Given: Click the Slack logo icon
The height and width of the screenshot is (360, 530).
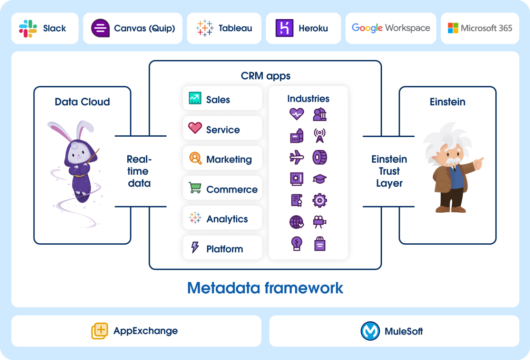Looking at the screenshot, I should point(28,28).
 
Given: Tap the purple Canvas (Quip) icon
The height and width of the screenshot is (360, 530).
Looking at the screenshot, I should point(100,28).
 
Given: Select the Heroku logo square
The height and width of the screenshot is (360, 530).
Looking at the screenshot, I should point(284,28).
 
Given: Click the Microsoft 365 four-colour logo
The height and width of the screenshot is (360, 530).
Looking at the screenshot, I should point(453,28).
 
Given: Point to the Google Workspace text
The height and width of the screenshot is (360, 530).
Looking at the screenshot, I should point(391,28).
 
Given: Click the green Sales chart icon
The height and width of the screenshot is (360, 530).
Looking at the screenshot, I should point(195,98).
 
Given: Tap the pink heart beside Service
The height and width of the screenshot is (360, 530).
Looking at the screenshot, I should point(195,128).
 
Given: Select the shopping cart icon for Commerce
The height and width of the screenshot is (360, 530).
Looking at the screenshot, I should point(195,188).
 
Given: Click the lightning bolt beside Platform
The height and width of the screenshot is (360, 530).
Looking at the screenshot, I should point(195,247).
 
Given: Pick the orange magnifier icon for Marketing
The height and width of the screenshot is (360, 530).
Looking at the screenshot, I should point(195,158).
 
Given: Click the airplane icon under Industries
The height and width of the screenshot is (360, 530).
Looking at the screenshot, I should point(296,157).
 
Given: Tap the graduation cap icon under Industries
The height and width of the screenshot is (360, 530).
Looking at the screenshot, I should point(320,179).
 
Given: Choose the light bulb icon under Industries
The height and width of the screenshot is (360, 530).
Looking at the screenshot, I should point(296,243).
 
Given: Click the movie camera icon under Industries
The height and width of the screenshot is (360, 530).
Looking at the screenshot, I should point(320,222).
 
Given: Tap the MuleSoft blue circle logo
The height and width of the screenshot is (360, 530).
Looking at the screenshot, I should point(370,331).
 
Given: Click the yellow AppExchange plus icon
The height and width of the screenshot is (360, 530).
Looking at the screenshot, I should point(100,331).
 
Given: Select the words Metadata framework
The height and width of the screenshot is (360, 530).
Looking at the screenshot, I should point(265,288).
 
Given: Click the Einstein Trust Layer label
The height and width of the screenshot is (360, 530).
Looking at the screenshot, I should point(389,171).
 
